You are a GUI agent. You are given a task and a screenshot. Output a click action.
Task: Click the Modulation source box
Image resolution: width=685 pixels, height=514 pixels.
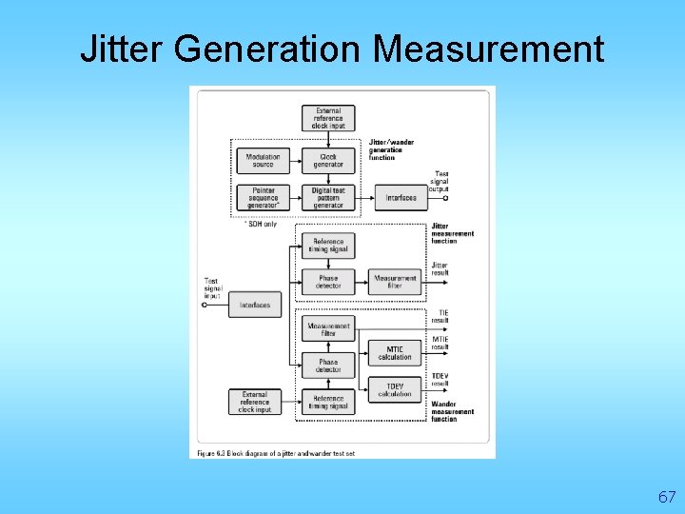coord(263,160)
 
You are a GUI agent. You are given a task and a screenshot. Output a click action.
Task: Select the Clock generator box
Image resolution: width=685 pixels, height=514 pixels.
coord(328,160)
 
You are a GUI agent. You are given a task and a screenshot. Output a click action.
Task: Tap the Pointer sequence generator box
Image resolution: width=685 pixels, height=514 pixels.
coord(263,197)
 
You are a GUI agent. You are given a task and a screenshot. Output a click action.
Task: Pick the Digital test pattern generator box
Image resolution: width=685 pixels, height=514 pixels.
coord(328,197)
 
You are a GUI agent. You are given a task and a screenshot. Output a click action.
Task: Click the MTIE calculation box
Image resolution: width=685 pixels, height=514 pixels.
coord(395,352)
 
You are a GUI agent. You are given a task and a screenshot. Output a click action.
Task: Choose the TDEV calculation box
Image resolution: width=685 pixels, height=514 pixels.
coord(395,389)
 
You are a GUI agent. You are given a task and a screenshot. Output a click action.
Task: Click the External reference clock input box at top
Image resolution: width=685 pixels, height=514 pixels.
coord(328,118)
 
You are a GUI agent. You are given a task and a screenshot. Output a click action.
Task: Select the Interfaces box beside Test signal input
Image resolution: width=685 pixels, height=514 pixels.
coord(255,306)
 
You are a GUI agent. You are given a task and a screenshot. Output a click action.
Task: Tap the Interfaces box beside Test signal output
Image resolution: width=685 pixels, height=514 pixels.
coord(401,198)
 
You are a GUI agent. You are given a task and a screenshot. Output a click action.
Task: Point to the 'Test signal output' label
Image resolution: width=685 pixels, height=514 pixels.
coord(439,181)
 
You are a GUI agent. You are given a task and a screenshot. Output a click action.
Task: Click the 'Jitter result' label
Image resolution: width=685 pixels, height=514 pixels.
coord(440,268)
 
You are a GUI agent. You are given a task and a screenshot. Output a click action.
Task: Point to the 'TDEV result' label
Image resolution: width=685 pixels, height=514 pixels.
coord(440,380)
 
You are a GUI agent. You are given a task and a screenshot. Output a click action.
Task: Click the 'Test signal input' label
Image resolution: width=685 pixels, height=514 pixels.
coord(211,288)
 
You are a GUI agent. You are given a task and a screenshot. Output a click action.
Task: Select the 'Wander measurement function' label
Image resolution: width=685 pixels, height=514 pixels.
coord(452,411)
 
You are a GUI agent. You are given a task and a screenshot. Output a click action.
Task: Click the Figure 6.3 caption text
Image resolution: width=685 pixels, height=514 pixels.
coord(276,453)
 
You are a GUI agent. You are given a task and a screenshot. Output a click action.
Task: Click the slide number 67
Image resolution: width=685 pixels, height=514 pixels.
coord(666,497)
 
